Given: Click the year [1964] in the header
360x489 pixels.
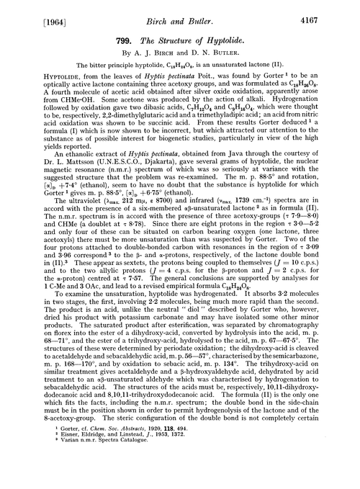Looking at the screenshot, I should click(30, 10).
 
